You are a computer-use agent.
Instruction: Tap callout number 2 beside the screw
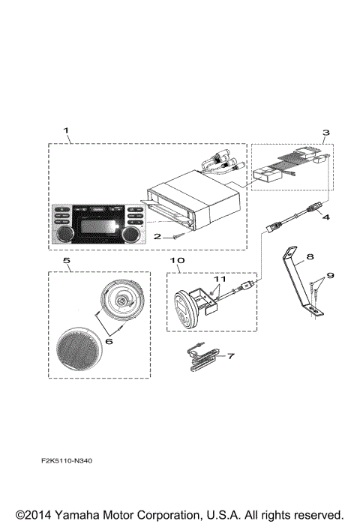tap(157, 235)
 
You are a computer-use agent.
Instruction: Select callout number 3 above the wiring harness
tap(325, 133)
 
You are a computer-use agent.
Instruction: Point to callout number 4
tap(324, 218)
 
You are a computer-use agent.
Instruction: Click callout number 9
tap(331, 275)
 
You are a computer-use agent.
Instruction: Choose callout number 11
tap(218, 278)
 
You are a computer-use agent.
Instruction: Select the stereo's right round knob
tap(130, 235)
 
